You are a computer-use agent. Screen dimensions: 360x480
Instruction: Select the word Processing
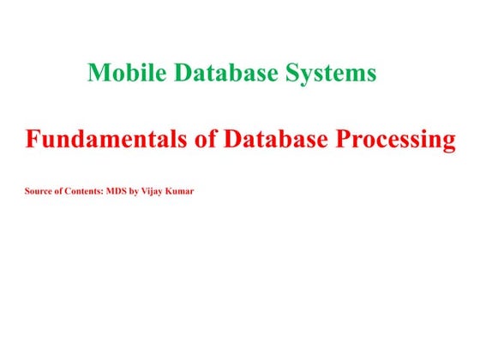(399, 141)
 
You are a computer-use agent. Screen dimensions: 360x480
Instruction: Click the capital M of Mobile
(96, 74)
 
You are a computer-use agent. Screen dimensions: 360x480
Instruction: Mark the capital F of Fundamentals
(32, 140)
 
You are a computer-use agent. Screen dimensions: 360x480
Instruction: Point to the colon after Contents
(103, 190)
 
